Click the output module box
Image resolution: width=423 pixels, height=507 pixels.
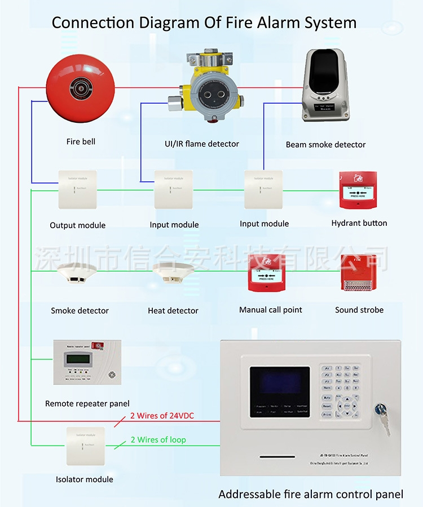tap(77, 189)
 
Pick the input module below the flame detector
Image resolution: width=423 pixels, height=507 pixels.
tap(173, 189)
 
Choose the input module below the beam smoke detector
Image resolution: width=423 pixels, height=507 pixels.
tap(263, 189)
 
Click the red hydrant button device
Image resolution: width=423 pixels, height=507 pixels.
tap(358, 190)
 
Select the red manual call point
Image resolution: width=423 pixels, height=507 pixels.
tap(267, 273)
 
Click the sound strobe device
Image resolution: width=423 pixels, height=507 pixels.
tap(359, 273)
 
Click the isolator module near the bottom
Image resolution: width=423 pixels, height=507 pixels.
tap(85, 446)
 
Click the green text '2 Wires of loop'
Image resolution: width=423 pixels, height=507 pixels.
tap(158, 439)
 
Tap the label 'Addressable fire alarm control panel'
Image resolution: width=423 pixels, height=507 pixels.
tap(311, 495)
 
